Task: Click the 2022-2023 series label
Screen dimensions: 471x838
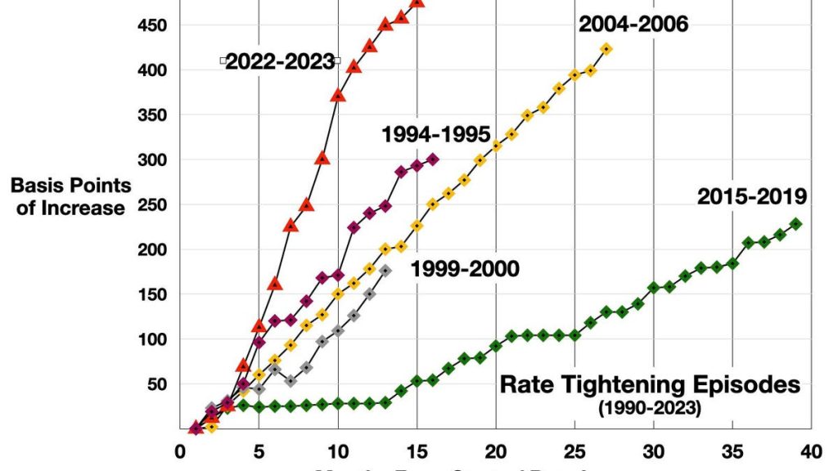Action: tap(280, 61)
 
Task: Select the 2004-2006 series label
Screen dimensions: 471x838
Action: tap(633, 24)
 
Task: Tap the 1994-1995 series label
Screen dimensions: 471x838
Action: tap(435, 134)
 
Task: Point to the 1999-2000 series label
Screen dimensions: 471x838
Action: tap(464, 269)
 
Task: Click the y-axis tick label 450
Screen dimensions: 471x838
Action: tap(151, 25)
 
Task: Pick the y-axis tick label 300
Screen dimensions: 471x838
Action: tap(151, 159)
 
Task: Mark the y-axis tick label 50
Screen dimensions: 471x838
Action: tap(156, 384)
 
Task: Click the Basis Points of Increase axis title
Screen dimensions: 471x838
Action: tap(70, 196)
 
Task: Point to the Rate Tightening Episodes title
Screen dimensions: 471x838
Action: tap(650, 384)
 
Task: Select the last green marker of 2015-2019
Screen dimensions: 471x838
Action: tap(795, 224)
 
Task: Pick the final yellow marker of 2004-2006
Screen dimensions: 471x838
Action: tap(606, 49)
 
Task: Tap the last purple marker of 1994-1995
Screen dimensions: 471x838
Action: tap(433, 159)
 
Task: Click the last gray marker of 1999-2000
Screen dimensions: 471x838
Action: tap(385, 271)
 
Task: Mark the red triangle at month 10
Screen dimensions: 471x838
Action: tap(337, 95)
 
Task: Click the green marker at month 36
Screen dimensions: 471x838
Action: tap(748, 243)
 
